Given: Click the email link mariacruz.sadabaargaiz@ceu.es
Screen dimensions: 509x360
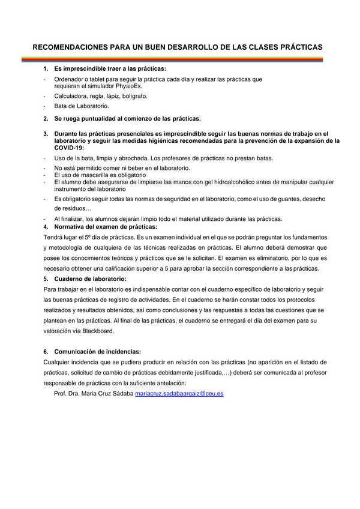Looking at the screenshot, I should coord(179,394).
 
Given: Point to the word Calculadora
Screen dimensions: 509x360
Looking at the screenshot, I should coord(71,95).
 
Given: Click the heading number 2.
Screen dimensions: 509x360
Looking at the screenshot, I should coord(46,118).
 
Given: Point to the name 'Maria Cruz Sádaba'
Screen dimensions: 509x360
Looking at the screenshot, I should coord(109,394).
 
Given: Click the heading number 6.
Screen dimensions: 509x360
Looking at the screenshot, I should coord(46,352).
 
